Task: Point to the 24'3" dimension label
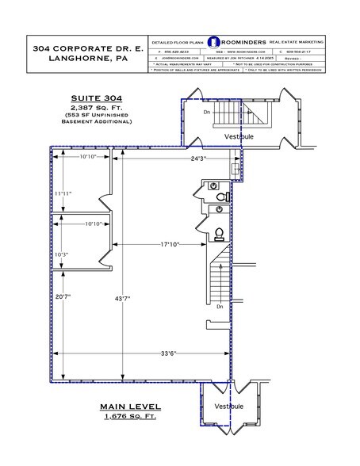[198, 159]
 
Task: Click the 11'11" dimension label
[63, 193]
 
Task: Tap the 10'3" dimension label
[63, 254]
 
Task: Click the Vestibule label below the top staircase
[238, 136]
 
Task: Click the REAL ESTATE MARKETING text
[297, 41]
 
